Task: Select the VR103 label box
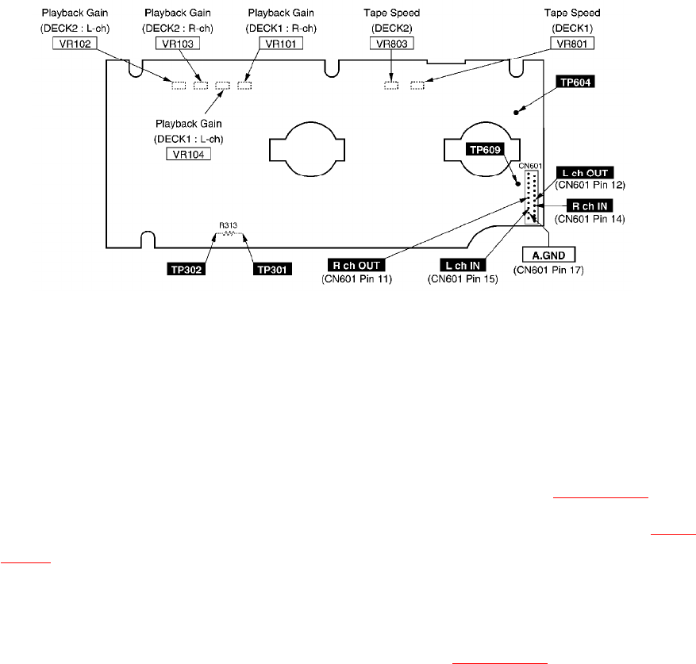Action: [x=173, y=44]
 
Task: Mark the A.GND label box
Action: [x=548, y=255]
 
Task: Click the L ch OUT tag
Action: [x=586, y=173]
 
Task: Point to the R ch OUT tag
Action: [x=359, y=265]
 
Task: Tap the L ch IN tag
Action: [x=463, y=265]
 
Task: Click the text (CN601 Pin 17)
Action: [x=548, y=270]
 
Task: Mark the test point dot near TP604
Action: [x=517, y=112]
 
